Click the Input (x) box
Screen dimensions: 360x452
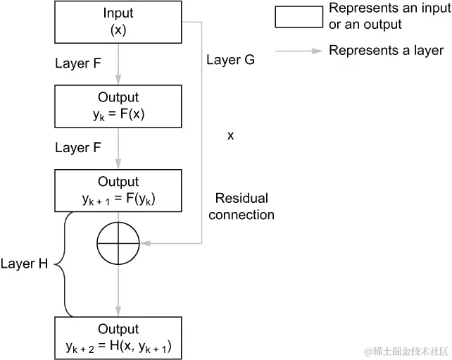coord(118,23)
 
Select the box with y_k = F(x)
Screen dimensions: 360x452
coord(118,106)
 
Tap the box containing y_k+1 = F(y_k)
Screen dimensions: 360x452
coord(118,191)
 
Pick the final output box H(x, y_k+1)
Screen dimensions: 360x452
coord(118,337)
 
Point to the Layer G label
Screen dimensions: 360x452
coord(230,60)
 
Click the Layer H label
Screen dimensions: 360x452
coord(24,263)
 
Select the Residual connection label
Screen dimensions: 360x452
coord(241,206)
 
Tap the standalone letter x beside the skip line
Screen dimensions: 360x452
coord(230,135)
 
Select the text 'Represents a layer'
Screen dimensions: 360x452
coord(386,51)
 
